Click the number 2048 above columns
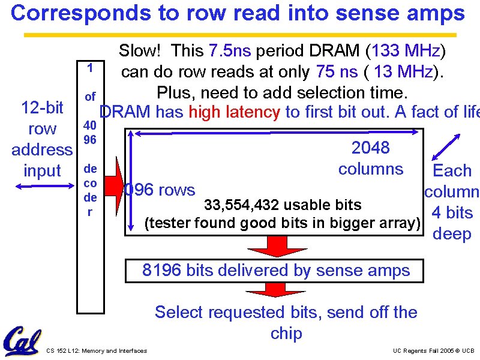pyautogui.click(x=370, y=148)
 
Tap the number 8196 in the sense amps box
pyautogui.click(x=162, y=271)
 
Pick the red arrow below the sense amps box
pyautogui.click(x=268, y=290)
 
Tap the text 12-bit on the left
pyautogui.click(x=42, y=108)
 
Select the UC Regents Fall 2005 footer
pyautogui.click(x=433, y=350)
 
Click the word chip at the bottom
pyautogui.click(x=286, y=334)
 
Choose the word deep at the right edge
pyautogui.click(x=452, y=234)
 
